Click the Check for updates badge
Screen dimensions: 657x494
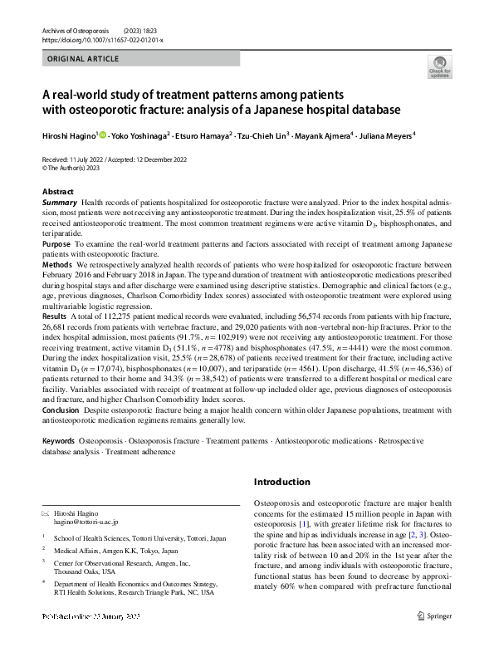click(438, 67)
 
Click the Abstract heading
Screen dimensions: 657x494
click(57, 192)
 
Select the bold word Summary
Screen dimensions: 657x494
click(59, 203)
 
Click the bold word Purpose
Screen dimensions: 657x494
click(56, 245)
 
